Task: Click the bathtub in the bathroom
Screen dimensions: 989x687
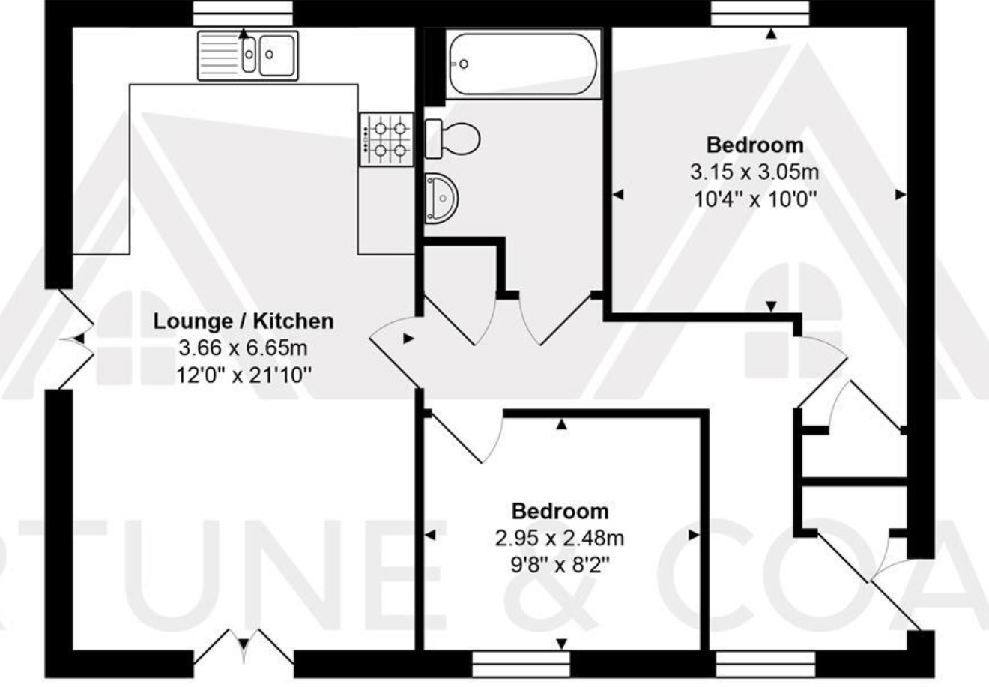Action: point(523,64)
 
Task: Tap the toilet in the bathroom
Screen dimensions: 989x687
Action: point(453,139)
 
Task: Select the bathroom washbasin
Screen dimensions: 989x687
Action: point(441,199)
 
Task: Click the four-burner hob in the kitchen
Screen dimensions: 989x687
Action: point(387,139)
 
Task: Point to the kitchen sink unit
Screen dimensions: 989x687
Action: point(248,55)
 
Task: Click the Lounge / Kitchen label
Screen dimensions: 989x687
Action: point(244,321)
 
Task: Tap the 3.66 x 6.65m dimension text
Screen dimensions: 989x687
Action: point(243,348)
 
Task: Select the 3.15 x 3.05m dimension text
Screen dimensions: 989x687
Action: point(754,172)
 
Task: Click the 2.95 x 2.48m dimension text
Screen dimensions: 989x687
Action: point(560,538)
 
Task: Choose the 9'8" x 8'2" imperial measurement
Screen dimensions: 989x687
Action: point(560,565)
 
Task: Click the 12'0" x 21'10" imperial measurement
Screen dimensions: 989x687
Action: point(244,376)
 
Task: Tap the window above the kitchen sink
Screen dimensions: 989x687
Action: point(243,13)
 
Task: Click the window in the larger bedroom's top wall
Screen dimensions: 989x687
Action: point(760,13)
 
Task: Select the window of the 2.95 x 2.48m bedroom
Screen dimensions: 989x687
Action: point(521,664)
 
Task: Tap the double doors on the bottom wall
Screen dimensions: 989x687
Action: point(244,647)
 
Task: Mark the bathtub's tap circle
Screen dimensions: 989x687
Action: point(464,64)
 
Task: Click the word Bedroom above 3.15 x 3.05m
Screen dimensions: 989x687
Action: point(755,145)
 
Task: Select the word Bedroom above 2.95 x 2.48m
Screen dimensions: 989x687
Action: point(560,511)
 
